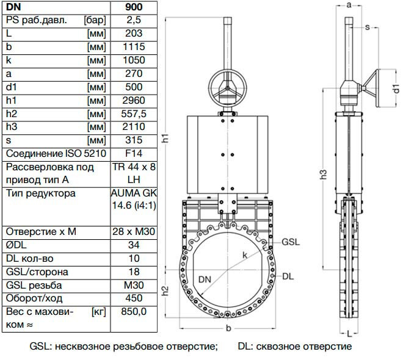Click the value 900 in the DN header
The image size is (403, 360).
point(134,7)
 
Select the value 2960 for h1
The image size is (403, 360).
point(134,100)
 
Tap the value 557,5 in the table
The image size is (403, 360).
point(134,113)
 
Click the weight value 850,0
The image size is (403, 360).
point(134,311)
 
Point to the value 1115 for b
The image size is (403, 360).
point(134,47)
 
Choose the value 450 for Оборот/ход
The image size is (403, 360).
point(134,298)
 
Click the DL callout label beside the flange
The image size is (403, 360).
point(288,276)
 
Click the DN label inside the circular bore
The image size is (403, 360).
point(206,279)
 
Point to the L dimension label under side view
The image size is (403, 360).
point(348,334)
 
